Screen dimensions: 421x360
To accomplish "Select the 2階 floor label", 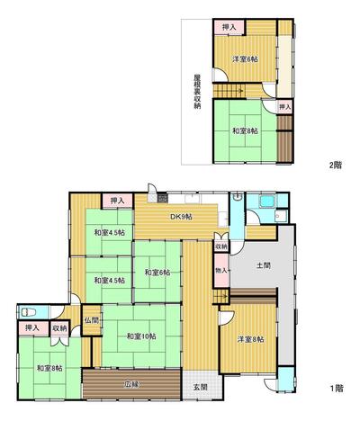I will coord(337,165).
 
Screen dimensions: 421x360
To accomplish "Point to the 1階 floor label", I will coord(337,389).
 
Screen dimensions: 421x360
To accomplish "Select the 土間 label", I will coord(264,265).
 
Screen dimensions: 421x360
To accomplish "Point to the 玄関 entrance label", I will coord(199,387).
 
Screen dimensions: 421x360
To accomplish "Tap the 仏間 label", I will coord(91,319).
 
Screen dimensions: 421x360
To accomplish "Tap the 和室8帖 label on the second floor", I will coord(243,130).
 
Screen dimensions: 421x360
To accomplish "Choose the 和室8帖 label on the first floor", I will coord(49,367).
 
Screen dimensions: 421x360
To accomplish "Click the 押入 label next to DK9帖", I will coord(116,202).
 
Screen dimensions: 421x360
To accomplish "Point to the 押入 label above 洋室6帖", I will coord(229,28).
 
